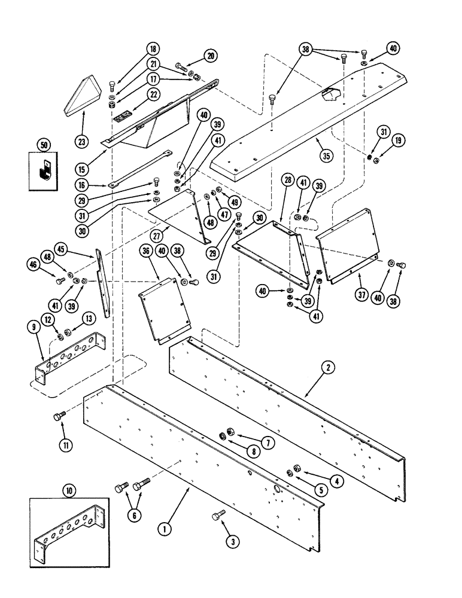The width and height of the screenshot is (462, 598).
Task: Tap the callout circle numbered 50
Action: pyautogui.click(x=42, y=144)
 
